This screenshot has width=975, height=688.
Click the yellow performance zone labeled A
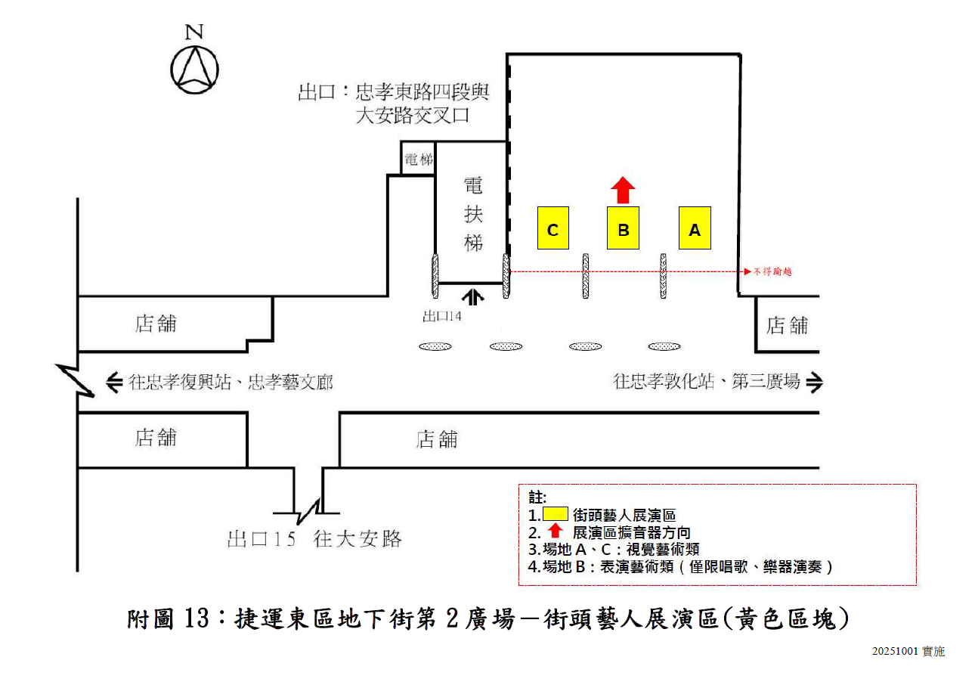(695, 228)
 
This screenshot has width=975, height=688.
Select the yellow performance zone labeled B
(624, 228)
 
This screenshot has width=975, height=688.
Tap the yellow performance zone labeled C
(552, 228)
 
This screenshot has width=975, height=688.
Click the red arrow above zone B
(623, 190)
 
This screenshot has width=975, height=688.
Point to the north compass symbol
(195, 67)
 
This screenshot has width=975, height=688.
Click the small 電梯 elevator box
(418, 159)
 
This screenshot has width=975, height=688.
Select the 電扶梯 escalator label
(473, 215)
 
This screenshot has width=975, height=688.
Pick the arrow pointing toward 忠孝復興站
(114, 382)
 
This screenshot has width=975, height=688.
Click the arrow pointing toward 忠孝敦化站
(814, 383)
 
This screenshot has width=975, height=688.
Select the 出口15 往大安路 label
(314, 539)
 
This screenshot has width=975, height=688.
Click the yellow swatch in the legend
(556, 514)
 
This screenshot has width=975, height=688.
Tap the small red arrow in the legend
(556, 531)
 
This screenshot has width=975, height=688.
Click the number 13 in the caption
(199, 620)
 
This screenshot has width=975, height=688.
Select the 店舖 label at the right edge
(788, 325)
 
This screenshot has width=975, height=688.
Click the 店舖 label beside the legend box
(437, 439)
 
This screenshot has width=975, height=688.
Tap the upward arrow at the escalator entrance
(475, 294)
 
